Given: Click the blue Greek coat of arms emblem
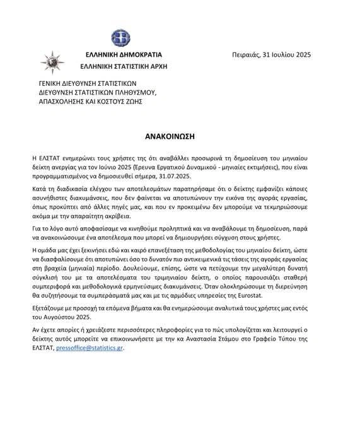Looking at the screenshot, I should click(120, 38).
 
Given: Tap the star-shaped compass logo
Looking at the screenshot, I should click(50, 62).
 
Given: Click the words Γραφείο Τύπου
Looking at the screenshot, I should click(289, 339).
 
